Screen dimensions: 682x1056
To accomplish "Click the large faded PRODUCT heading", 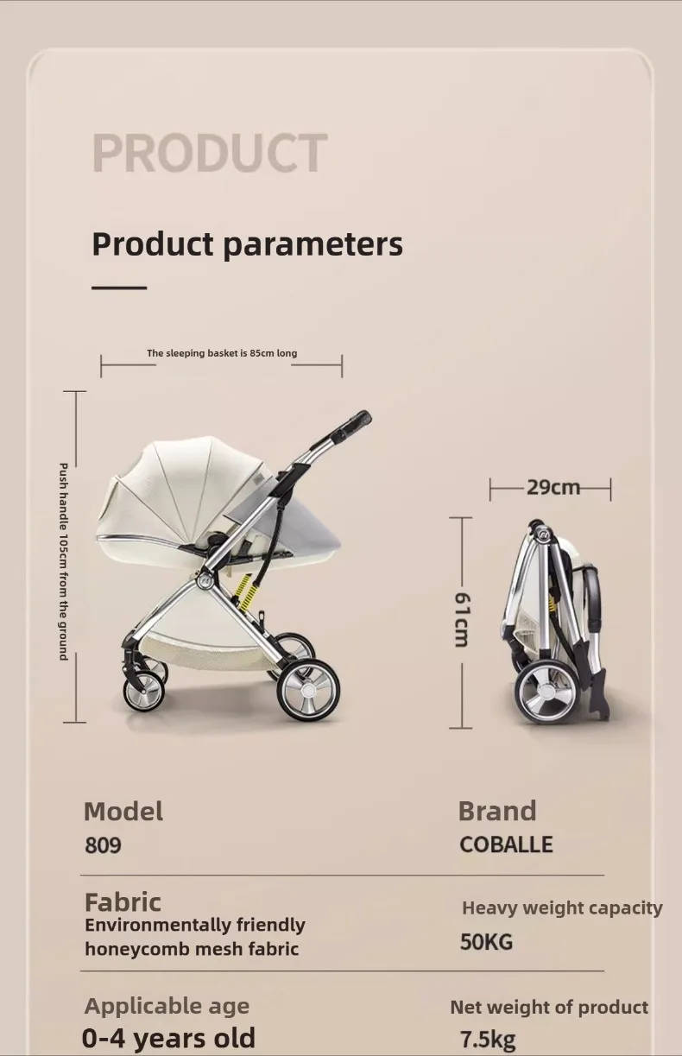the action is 210,152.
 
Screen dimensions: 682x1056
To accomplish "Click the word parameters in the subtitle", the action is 313,244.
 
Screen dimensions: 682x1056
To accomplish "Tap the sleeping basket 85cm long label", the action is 222,353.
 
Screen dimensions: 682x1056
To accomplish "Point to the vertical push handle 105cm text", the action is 63,561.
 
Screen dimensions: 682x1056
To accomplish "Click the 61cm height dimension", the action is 462,619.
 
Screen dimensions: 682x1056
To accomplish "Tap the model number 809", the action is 103,845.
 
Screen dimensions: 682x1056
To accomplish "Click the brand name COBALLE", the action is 506,844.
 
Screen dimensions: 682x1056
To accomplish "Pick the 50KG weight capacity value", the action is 486,942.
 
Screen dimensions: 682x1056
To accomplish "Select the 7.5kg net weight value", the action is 488,1039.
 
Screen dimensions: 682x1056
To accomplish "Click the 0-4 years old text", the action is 168,1038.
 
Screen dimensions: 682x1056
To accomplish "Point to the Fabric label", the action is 123,902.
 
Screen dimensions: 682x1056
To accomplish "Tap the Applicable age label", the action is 167,1007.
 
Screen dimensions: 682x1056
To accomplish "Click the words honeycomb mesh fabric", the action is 192,949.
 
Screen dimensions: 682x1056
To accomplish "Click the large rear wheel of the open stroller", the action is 308,690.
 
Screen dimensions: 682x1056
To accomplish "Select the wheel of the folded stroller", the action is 546,691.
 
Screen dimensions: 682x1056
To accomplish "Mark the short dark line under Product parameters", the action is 119,288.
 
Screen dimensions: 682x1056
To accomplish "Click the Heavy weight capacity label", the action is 562,908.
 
